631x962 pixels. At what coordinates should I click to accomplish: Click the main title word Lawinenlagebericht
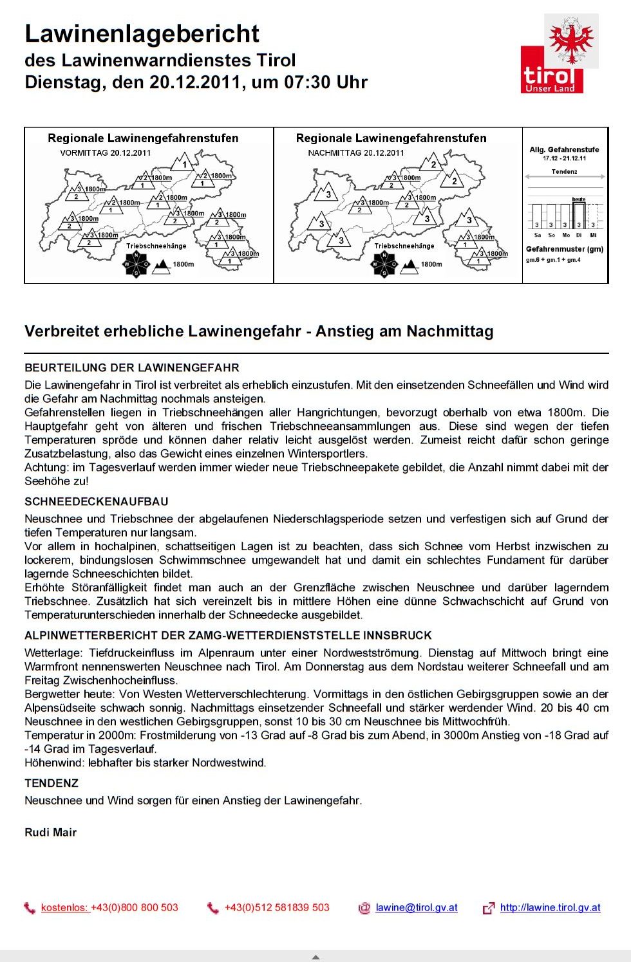point(142,33)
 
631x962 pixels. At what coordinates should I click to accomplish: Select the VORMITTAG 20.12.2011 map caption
point(105,153)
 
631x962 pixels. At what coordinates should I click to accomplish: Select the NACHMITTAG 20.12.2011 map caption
point(356,153)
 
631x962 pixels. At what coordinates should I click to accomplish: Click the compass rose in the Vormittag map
point(136,264)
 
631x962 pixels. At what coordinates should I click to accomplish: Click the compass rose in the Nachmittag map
point(384,264)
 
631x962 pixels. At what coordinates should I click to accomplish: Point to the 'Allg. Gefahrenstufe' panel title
point(564,149)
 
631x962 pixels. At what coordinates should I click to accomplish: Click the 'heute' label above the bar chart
point(579,199)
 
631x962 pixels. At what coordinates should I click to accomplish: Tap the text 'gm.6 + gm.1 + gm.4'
point(553,260)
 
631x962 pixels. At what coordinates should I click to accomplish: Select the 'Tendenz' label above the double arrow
point(564,172)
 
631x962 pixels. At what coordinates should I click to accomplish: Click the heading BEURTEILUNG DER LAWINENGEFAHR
point(132,368)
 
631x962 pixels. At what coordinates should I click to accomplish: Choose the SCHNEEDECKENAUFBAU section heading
point(97,501)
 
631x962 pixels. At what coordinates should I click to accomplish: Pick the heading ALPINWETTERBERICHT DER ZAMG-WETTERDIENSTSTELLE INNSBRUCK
point(228,635)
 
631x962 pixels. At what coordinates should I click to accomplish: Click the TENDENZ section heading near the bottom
point(52,783)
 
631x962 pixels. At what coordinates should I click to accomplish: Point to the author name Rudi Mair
point(50,832)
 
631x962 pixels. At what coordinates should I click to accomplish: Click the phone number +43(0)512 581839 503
point(277,907)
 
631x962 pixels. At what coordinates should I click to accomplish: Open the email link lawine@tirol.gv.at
point(417,907)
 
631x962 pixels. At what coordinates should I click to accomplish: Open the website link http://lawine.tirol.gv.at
point(550,907)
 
